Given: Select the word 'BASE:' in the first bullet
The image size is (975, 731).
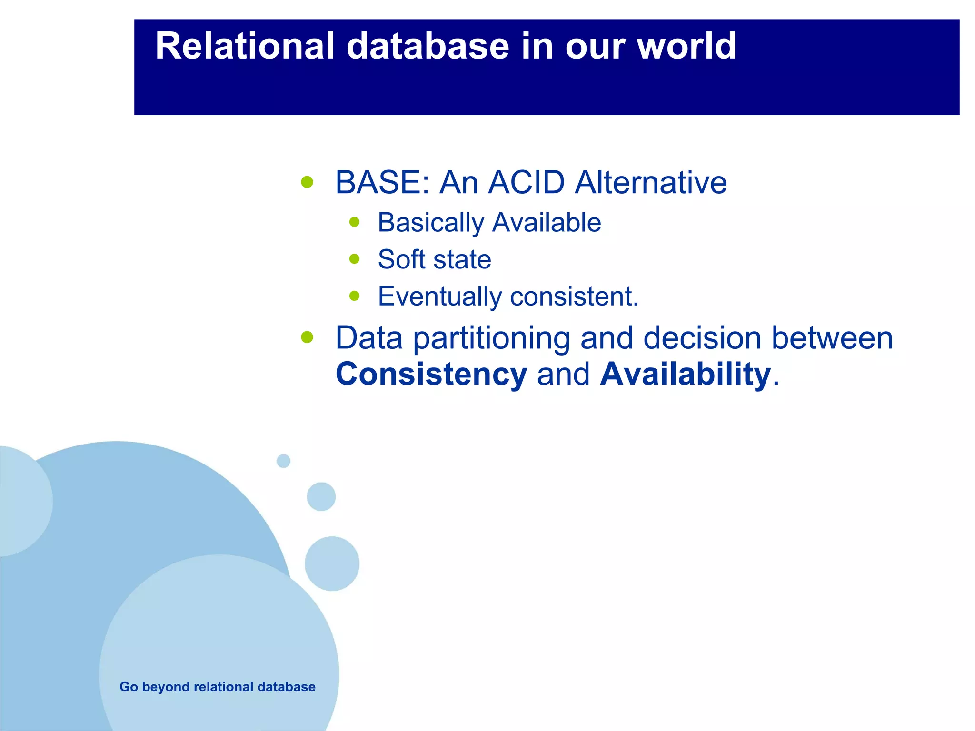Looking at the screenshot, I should point(382,182).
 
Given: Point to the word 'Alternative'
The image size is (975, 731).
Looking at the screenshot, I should point(651,182).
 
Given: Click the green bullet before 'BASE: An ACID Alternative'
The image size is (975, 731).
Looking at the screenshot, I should point(307,182).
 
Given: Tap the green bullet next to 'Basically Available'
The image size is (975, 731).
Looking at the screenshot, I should point(354,222).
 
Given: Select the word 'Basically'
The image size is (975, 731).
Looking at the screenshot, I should point(430,223).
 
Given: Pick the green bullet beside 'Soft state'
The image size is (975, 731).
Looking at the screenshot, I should point(354,259).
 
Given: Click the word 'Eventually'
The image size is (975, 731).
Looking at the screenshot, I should point(439,296).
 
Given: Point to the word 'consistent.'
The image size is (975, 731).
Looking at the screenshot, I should point(574,296).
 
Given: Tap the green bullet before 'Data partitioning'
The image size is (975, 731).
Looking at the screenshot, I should point(307,337).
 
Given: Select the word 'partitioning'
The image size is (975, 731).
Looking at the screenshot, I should point(491,338).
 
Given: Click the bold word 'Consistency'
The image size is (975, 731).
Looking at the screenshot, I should point(431,374).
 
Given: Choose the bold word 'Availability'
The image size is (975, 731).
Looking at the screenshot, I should point(685,374).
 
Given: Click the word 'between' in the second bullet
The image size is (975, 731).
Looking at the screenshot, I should point(832,338).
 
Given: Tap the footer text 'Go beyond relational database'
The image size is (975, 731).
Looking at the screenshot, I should point(217,687).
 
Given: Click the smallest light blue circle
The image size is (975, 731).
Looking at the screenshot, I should point(283,461).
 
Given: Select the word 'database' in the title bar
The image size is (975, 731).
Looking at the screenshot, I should point(428,46).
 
